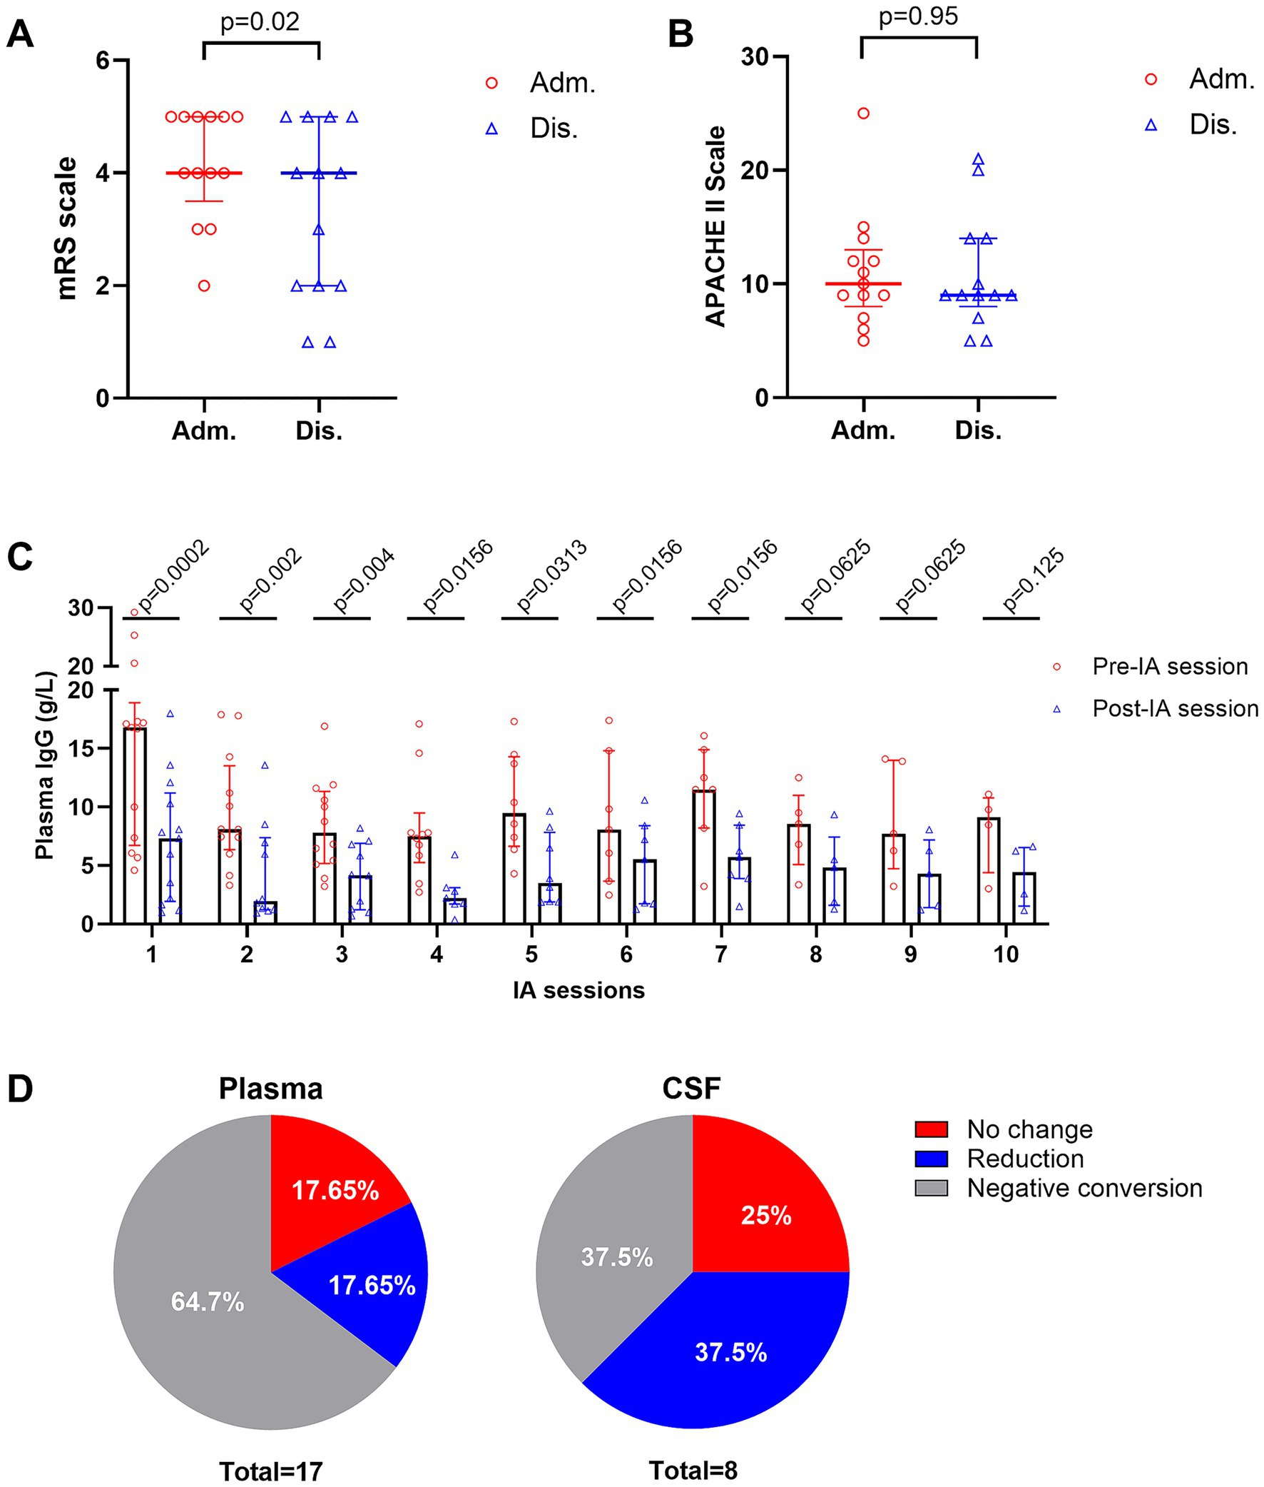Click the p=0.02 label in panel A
click(x=260, y=21)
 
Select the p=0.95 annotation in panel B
click(x=918, y=16)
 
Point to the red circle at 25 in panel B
click(x=863, y=114)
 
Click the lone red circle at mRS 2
click(x=204, y=286)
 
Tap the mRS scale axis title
click(x=66, y=228)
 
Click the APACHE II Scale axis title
click(x=716, y=226)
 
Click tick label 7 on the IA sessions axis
click(x=721, y=954)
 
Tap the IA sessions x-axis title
click(x=579, y=990)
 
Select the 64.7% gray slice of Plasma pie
click(x=207, y=1301)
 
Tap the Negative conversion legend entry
click(x=1084, y=1188)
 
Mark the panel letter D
click(x=20, y=1089)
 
